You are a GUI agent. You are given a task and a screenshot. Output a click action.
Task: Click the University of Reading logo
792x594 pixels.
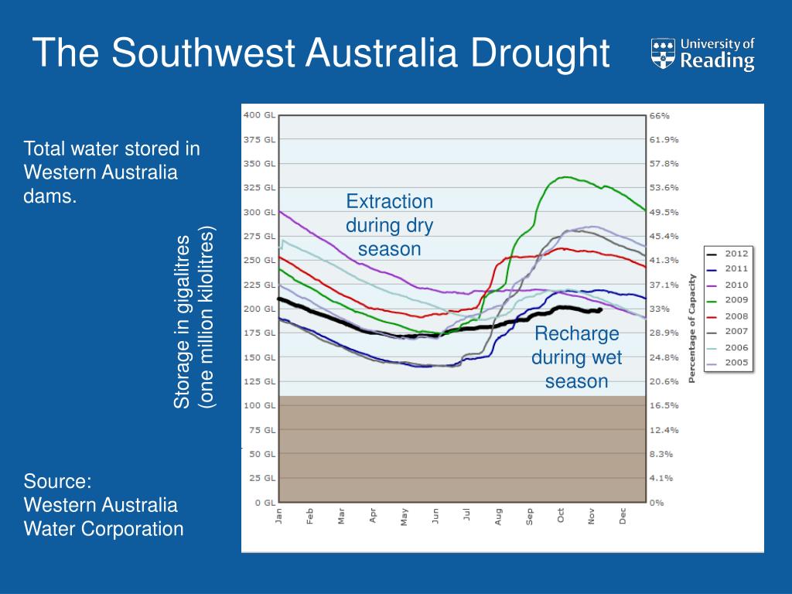pos(702,54)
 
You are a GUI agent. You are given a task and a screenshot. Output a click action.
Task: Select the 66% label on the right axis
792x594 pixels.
pos(658,115)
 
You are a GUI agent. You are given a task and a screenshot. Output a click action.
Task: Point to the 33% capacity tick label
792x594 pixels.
pos(658,309)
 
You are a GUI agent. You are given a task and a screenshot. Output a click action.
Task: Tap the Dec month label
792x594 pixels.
pos(623,517)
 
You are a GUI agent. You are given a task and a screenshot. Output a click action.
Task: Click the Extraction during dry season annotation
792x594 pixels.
pos(389,225)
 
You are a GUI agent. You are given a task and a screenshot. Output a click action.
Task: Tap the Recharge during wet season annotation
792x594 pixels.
pos(576,357)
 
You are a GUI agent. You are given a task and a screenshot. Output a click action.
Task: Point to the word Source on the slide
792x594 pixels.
pos(57,481)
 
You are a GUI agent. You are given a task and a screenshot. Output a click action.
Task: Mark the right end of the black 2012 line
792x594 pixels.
pos(600,310)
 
